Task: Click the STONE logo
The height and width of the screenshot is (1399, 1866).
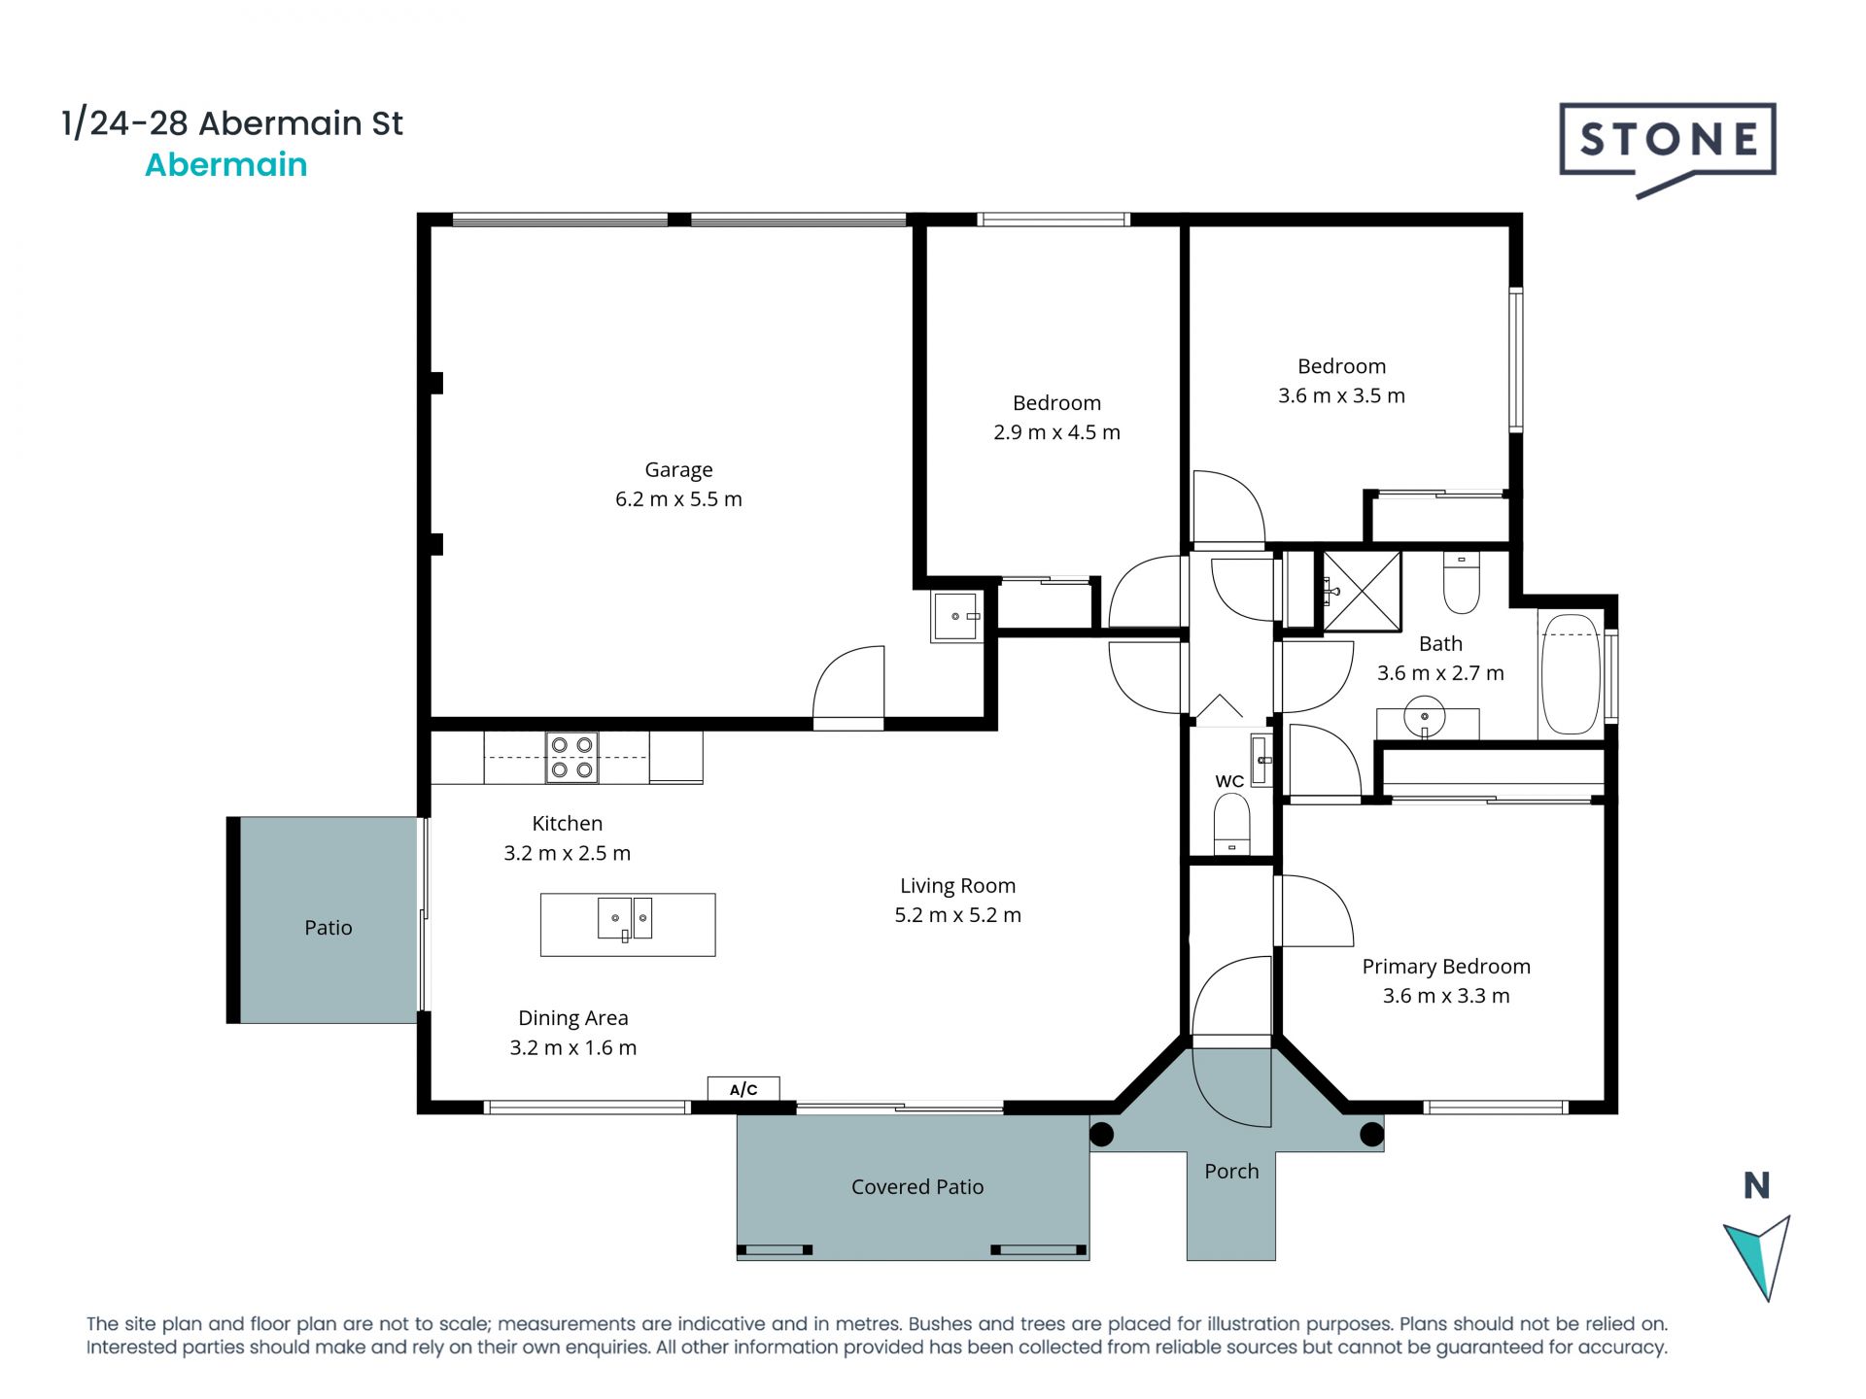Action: pyautogui.click(x=1667, y=141)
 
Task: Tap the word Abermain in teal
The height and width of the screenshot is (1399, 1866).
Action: pyautogui.click(x=225, y=165)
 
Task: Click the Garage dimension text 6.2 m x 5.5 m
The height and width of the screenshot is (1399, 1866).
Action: pyautogui.click(x=678, y=499)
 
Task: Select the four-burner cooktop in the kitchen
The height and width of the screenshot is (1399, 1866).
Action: pyautogui.click(x=571, y=758)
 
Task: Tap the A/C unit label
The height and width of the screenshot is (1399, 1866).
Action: pyautogui.click(x=743, y=1089)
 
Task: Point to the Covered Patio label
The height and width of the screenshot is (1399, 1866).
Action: pyautogui.click(x=916, y=1186)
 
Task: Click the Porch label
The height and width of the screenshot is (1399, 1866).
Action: pyautogui.click(x=1230, y=1172)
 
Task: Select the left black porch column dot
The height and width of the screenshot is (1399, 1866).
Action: pyautogui.click(x=1101, y=1134)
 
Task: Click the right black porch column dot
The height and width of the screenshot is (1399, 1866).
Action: pyautogui.click(x=1370, y=1134)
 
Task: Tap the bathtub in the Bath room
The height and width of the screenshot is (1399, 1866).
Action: pyautogui.click(x=1571, y=674)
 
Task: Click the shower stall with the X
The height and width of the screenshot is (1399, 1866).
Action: pyautogui.click(x=1362, y=591)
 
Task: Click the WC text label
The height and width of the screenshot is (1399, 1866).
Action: pyautogui.click(x=1228, y=781)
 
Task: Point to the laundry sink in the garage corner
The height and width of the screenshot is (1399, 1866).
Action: pyautogui.click(x=956, y=616)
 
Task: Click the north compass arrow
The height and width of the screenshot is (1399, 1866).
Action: pyautogui.click(x=1759, y=1253)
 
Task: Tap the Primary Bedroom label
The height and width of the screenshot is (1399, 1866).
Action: pyautogui.click(x=1445, y=967)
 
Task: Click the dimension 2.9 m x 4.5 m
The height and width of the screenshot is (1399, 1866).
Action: pyautogui.click(x=1056, y=432)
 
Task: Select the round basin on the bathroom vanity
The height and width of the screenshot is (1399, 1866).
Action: pyautogui.click(x=1425, y=718)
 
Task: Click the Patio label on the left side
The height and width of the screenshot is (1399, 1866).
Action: pyautogui.click(x=328, y=928)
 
